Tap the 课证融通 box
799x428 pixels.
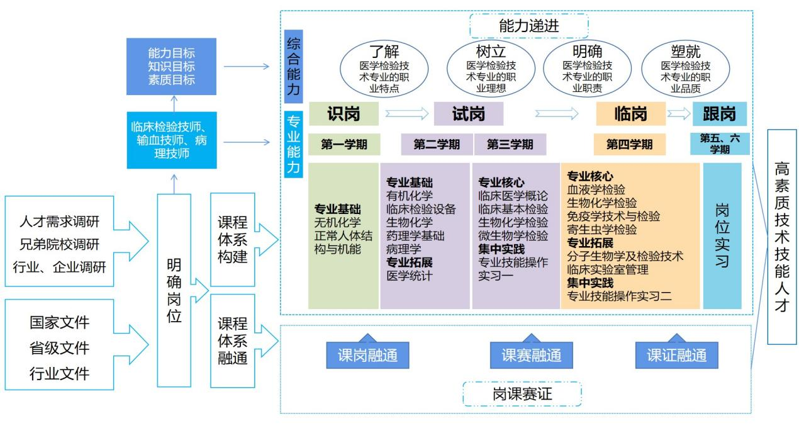click(x=677, y=356)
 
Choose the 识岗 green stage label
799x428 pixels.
click(x=344, y=114)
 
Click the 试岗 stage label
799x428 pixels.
click(x=469, y=114)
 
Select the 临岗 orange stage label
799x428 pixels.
click(x=630, y=114)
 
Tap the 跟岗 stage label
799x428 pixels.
click(x=719, y=114)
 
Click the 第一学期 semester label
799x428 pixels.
click(x=344, y=145)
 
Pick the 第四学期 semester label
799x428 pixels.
click(x=630, y=145)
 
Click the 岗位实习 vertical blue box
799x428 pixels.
click(x=722, y=235)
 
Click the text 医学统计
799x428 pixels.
click(x=409, y=275)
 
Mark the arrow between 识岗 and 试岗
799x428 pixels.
click(x=406, y=114)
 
